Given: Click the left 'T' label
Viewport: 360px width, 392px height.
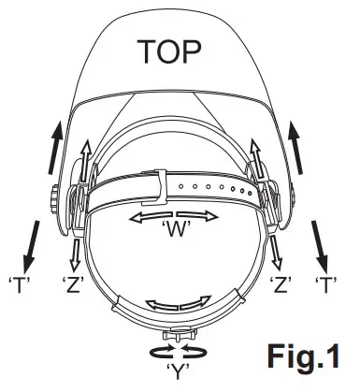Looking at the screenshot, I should click(x=17, y=281).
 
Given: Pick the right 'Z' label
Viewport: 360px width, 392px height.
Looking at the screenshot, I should click(x=281, y=281).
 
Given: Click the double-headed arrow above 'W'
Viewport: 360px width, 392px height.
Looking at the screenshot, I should click(x=178, y=216).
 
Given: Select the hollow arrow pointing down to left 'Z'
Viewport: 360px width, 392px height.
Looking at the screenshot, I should click(x=75, y=248).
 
